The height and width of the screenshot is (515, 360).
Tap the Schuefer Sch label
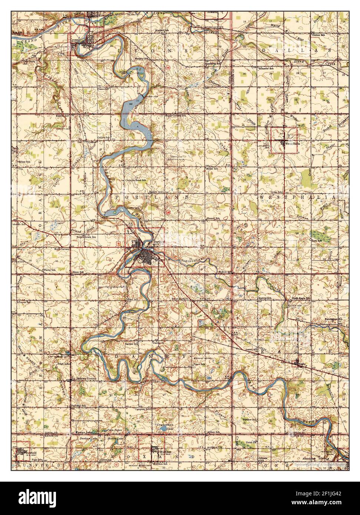pyautogui.click(x=266, y=69)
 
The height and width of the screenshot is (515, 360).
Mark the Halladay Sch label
pyautogui.click(x=79, y=406)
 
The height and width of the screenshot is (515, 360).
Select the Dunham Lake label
pyautogui.click(x=87, y=438)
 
